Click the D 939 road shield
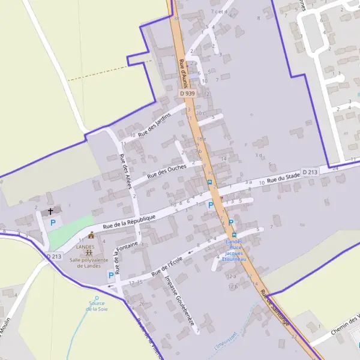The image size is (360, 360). point(187,94)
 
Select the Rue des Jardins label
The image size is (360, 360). point(154,125)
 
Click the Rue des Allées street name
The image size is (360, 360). point(125,172)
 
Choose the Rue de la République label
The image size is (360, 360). point(129,221)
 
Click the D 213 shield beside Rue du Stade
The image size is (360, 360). point(310,172)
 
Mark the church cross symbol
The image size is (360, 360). point(51,211)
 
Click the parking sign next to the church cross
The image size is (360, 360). point(52,223)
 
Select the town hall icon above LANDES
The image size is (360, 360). point(91,235)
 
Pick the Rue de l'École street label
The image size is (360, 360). point(167,266)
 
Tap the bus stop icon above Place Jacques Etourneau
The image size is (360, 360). point(234,235)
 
